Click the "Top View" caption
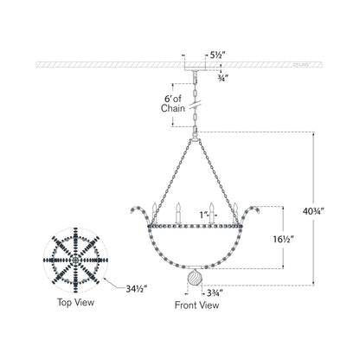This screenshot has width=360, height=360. pyautogui.click(x=75, y=304)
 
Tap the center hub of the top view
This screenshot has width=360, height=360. pyautogui.click(x=75, y=259)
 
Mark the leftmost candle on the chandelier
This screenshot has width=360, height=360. pyautogui.click(x=153, y=209)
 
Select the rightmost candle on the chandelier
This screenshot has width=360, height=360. pyautogui.click(x=234, y=209)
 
